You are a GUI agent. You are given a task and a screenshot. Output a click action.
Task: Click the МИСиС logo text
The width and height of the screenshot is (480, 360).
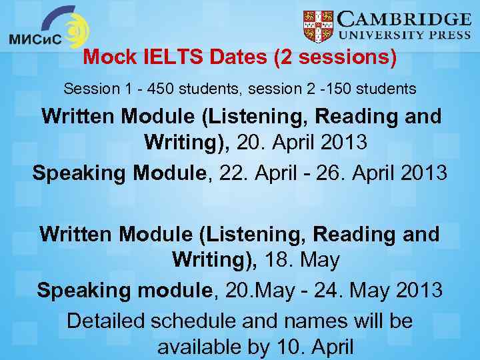pos(35,39)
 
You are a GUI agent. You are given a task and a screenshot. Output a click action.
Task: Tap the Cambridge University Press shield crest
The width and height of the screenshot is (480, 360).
pos(318,27)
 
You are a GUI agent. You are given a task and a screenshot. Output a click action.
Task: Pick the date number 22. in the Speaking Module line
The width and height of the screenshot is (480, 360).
pos(233,173)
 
